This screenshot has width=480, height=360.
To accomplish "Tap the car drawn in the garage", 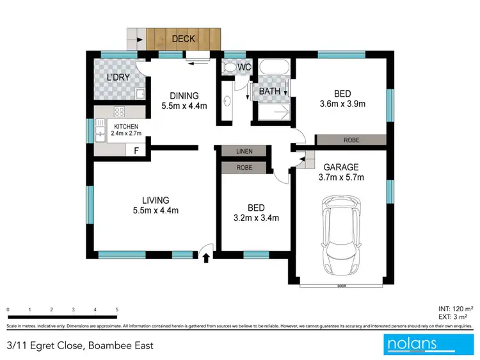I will pyautogui.click(x=340, y=235).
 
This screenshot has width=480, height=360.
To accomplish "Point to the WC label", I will pyautogui.click(x=244, y=67).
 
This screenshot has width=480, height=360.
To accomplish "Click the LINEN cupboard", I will pyautogui.click(x=244, y=152).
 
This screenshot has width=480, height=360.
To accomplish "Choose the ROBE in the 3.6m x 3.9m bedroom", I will pyautogui.click(x=351, y=140).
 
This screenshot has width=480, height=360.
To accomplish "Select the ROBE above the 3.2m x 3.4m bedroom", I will pyautogui.click(x=244, y=168).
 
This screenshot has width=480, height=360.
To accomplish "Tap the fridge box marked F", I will pyautogui.click(x=135, y=151).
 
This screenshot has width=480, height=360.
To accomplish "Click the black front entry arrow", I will pyautogui.click(x=206, y=258).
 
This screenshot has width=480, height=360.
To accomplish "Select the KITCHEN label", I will pyautogui.click(x=125, y=126).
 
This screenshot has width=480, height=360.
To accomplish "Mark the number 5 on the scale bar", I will pyautogui.click(x=116, y=309).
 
